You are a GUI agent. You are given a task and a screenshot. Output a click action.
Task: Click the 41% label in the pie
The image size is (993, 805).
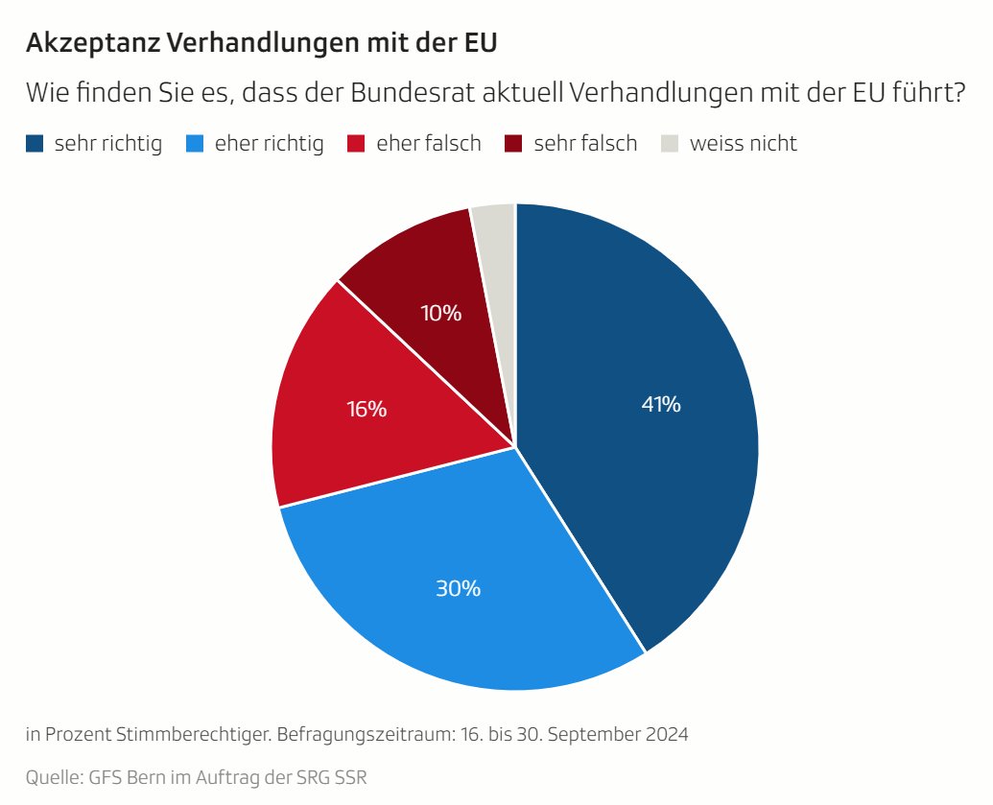tap(661, 405)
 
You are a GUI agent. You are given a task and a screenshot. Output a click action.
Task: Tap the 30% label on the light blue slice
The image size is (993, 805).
tap(458, 588)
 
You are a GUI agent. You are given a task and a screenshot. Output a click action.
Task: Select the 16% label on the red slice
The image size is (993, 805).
tap(366, 409)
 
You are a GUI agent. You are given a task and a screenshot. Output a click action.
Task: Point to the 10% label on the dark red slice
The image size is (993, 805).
tap(441, 313)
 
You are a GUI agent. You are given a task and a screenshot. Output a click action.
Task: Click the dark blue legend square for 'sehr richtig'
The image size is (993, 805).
tap(35, 144)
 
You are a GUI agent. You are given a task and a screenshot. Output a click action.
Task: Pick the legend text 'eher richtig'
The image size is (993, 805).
tap(269, 144)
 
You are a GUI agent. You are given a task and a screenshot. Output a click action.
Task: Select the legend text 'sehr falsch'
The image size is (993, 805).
tap(585, 144)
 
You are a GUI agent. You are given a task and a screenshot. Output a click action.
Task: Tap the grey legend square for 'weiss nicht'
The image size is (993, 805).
tap(671, 144)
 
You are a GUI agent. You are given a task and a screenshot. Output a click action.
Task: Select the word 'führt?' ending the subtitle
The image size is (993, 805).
tap(930, 94)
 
